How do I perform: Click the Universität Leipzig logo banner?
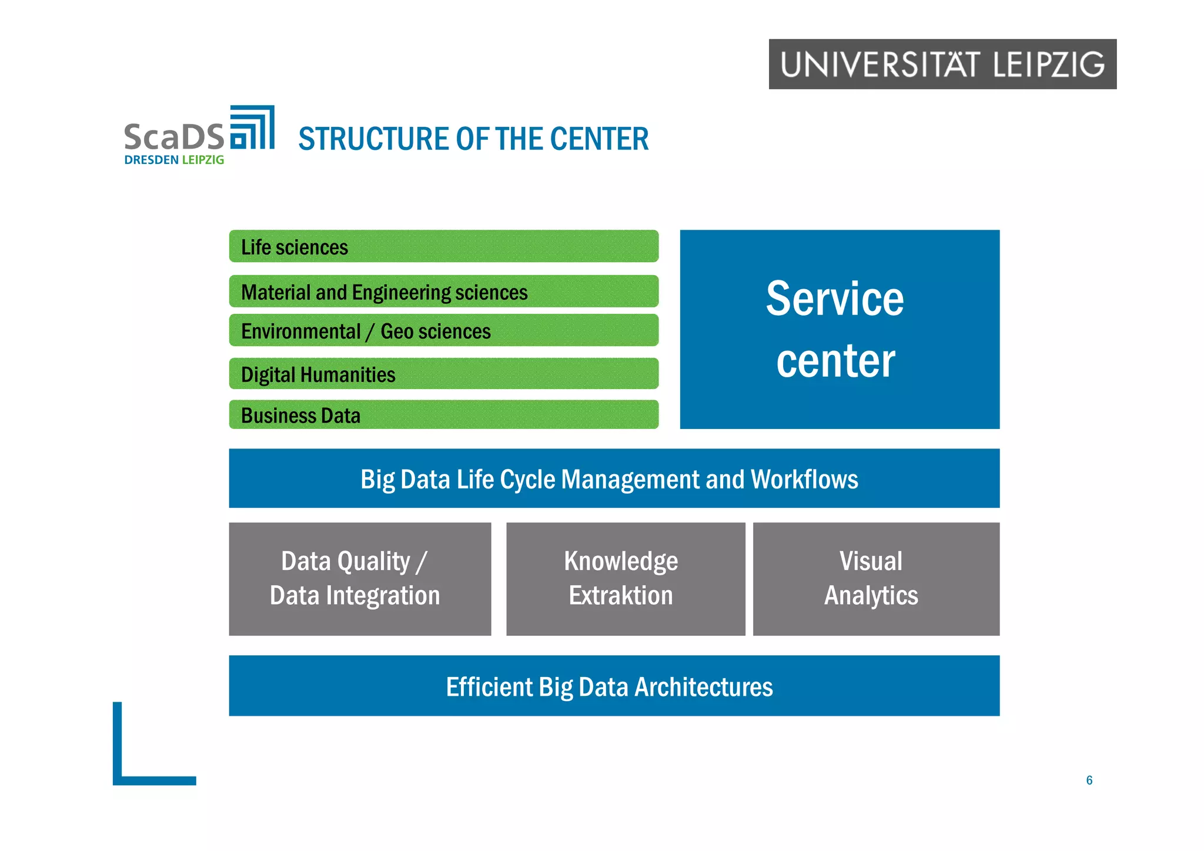pos(942,64)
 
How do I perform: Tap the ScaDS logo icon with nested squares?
pos(252,128)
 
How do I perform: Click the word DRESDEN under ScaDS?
pos(151,160)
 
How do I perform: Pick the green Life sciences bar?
pos(443,246)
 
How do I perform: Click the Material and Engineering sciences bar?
pos(443,292)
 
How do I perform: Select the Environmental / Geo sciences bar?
pos(443,330)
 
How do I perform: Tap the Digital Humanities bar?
pos(443,374)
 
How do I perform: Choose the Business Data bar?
pos(443,415)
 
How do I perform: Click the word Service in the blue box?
pos(834,299)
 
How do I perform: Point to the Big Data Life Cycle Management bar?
pos(614,478)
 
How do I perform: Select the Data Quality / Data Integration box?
pos(360,579)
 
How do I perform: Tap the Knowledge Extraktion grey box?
pos(625,579)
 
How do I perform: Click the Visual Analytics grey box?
pos(875,579)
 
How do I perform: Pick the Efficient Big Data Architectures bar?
pos(614,686)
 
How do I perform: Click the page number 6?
pos(1089,780)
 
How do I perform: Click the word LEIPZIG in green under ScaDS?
pos(203,160)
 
